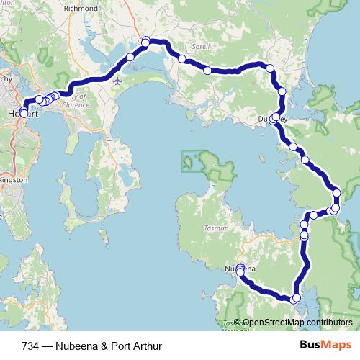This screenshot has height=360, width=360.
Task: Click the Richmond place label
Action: pyautogui.click(x=80, y=9)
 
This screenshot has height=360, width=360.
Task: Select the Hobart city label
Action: pyautogui.click(x=21, y=114)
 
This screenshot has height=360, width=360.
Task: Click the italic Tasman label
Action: pyautogui.click(x=216, y=228)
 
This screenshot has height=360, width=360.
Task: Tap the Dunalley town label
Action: pyautogui.click(x=273, y=119)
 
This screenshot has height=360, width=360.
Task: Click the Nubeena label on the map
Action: pyautogui.click(x=238, y=269)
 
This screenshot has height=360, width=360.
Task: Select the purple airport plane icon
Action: pyautogui.click(x=117, y=81)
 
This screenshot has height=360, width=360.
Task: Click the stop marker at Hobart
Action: pyautogui.click(x=24, y=113)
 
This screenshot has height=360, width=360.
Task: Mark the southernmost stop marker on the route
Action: pyautogui.click(x=295, y=298)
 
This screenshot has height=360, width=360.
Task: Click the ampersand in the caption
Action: pyautogui.click(x=105, y=346)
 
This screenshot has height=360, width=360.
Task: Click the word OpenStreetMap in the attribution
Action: pyautogui.click(x=273, y=323)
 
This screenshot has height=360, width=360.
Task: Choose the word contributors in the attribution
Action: pyautogui.click(x=328, y=323)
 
